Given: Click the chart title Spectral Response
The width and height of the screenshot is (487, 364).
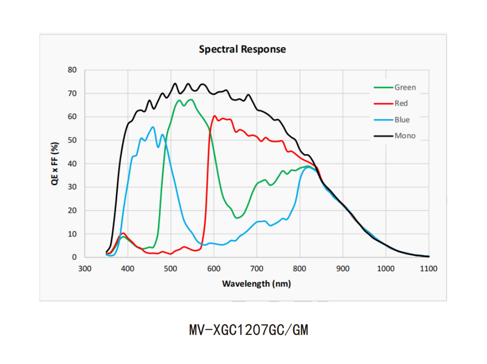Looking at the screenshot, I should pyautogui.click(x=242, y=49).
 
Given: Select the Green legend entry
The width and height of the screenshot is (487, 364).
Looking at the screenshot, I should pyautogui.click(x=405, y=87).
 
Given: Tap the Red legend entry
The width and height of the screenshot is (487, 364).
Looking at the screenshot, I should pyautogui.click(x=401, y=103).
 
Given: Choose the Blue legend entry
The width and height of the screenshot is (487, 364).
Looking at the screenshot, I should pyautogui.click(x=402, y=120).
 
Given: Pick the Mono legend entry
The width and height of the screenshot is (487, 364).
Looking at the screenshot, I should pyautogui.click(x=405, y=135).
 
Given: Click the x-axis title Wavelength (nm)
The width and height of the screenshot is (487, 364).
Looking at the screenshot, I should pyautogui.click(x=256, y=284).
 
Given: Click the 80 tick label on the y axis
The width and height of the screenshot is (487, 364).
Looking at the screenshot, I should pyautogui.click(x=72, y=70).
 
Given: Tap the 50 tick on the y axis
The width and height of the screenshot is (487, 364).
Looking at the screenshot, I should pyautogui.click(x=72, y=140).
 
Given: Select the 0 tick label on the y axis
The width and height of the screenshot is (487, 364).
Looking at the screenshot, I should pyautogui.click(x=74, y=257).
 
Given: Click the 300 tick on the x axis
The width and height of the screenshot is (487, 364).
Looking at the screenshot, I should pyautogui.click(x=85, y=269).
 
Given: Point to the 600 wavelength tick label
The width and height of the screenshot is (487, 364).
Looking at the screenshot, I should pyautogui.click(x=213, y=269).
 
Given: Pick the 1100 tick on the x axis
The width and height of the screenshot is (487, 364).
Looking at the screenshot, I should pyautogui.click(x=428, y=269).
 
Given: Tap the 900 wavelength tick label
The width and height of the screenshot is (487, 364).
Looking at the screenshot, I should pyautogui.click(x=343, y=269).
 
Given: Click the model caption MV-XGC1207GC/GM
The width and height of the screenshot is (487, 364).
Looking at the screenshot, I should pyautogui.click(x=249, y=330).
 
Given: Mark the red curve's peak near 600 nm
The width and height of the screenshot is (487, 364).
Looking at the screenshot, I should pyautogui.click(x=214, y=116).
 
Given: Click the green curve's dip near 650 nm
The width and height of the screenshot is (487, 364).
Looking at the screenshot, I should pyautogui.click(x=237, y=218).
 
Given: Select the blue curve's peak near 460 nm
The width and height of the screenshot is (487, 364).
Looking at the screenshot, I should pyautogui.click(x=153, y=127).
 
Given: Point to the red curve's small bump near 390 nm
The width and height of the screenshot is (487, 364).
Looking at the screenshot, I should pyautogui.click(x=123, y=233).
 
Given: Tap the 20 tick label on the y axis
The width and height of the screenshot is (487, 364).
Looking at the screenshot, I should pyautogui.click(x=72, y=210).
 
